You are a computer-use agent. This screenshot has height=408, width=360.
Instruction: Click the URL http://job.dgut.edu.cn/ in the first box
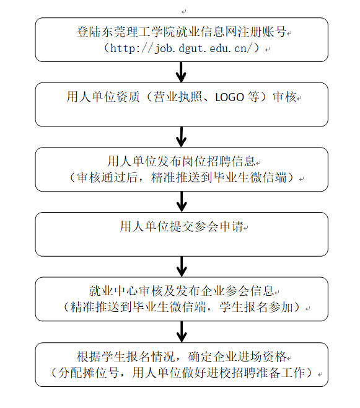181,48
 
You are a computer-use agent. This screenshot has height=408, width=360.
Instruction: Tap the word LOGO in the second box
229,97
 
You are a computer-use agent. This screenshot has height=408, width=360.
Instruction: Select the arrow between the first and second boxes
181,72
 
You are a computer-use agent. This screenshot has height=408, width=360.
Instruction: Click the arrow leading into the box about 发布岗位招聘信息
181,137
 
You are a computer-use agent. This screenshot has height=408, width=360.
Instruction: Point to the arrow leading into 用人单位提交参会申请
182,202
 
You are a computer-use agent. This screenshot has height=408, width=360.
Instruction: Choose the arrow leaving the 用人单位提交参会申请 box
182,267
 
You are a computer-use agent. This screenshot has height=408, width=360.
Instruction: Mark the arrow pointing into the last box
182,332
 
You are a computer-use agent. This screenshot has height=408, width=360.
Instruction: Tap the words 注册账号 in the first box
261,32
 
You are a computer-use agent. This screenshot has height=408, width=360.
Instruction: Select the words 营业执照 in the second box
178,97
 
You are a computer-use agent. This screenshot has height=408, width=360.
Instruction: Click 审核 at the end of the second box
284,97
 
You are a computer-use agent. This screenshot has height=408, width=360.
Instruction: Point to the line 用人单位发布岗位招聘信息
182,161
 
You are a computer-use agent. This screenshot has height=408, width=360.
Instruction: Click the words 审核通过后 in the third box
107,177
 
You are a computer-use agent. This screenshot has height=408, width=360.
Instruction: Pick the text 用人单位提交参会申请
182,226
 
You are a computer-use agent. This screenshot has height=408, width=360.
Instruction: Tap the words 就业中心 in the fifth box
113,291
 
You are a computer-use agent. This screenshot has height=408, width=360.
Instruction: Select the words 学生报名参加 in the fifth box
256,307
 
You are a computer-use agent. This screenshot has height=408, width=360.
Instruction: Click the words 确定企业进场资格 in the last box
237,357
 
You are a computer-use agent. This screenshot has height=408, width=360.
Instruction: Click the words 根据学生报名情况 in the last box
126,357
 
